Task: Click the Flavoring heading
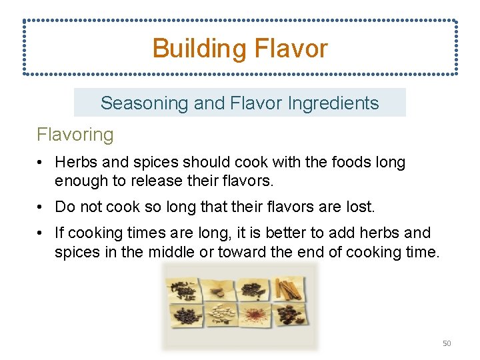[75, 135]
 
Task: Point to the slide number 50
[447, 343]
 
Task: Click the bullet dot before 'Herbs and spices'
[41, 163]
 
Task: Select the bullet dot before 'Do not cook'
[41, 207]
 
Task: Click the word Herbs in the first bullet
[74, 162]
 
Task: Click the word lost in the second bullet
[361, 207]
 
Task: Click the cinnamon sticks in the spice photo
[289, 289]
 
